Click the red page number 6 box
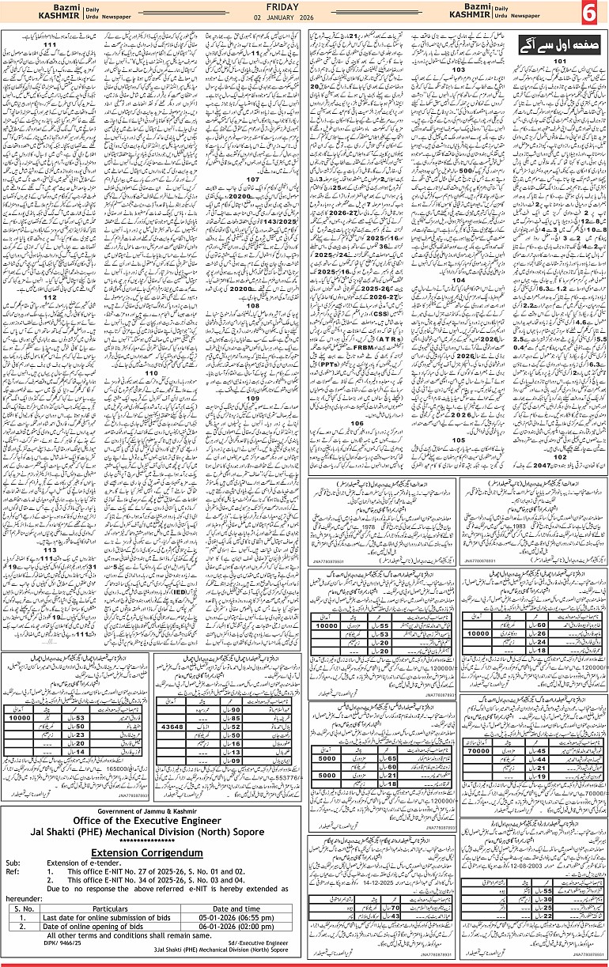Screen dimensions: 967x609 (590, 13)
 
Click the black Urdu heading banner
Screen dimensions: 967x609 (546, 43)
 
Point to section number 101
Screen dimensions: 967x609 (560, 61)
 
